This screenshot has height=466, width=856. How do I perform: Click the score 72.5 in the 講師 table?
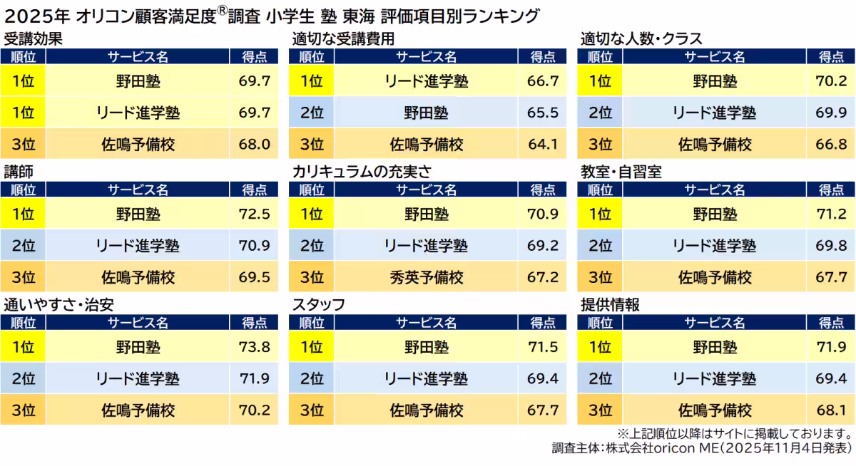[x=255, y=214]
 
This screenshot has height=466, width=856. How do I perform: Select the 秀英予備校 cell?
[x=426, y=276]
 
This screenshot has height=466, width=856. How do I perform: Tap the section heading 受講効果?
[x=33, y=38]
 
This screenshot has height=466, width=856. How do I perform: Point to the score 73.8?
[x=255, y=347]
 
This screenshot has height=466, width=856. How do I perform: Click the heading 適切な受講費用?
[x=343, y=38]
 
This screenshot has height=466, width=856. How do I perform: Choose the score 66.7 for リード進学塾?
[x=544, y=81]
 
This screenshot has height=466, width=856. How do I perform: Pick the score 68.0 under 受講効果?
[x=255, y=144]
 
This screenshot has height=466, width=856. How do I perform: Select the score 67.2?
[x=544, y=276]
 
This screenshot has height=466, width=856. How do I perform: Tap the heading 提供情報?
[x=610, y=305]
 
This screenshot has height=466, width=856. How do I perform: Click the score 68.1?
[x=831, y=410]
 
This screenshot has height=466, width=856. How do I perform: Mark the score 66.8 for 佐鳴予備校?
[x=831, y=144]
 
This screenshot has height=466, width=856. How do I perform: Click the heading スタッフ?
[x=319, y=305]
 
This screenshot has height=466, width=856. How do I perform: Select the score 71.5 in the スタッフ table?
[x=544, y=347]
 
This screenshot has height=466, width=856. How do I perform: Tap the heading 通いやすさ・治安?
[x=59, y=305]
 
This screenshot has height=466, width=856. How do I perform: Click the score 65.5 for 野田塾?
[x=544, y=113]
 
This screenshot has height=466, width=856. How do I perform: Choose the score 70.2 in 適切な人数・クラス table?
[x=831, y=81]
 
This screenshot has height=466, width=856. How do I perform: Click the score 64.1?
[x=544, y=144]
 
